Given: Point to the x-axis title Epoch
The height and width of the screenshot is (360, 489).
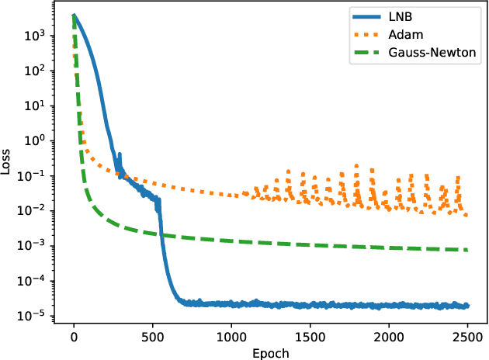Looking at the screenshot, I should click(271, 352).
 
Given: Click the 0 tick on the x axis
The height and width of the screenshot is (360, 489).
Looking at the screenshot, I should click(74, 337).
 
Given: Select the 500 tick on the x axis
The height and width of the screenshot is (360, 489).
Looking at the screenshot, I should click(152, 337).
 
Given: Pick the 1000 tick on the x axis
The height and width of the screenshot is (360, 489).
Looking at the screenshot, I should click(231, 337).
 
